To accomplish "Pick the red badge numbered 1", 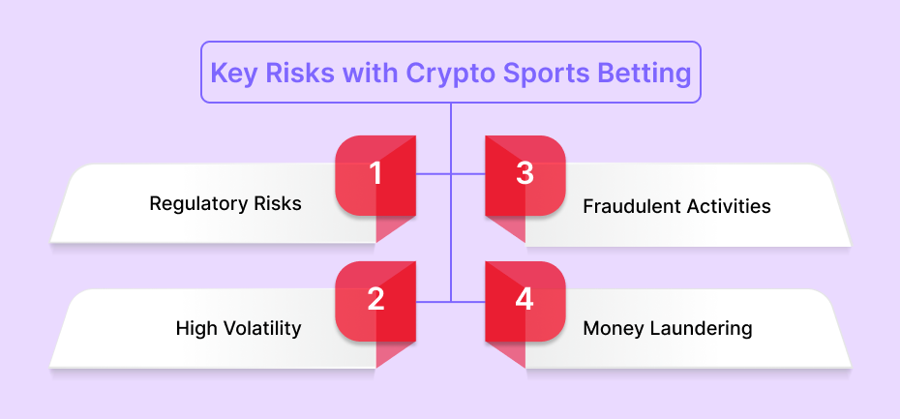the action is (x=375, y=175).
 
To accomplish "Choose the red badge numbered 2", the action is (x=375, y=301).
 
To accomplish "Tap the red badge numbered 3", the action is (x=525, y=175).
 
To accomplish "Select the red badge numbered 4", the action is (x=525, y=301).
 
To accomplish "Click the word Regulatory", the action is (x=198, y=204).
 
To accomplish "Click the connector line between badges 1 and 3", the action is (x=451, y=173).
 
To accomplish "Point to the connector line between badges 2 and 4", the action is (x=451, y=301).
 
